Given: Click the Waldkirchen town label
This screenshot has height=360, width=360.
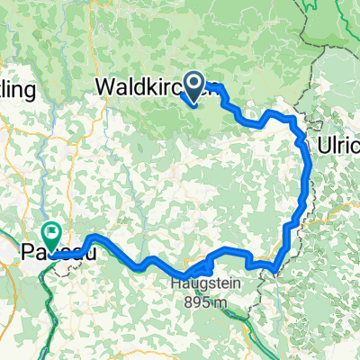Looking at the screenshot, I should coord(158,88).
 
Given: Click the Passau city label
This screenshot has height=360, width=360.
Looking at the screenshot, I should coord(50,255).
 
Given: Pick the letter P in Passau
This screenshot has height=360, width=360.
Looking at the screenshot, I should coord(25,255).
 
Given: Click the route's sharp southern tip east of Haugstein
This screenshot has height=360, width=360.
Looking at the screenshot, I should coord(276,267).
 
